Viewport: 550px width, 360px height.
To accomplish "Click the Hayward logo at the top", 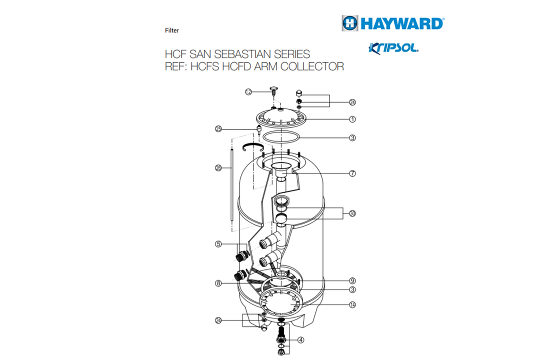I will (392, 23).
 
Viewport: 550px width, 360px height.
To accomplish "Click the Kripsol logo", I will (393, 48).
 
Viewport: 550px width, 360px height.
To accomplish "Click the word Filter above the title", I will (172, 30).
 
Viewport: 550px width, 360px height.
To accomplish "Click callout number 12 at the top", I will (248, 91).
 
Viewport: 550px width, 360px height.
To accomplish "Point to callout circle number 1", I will (352, 119).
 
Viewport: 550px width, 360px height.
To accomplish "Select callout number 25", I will (218, 129).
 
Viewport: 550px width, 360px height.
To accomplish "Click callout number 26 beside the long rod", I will (218, 168).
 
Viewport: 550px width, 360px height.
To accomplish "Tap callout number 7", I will (352, 173).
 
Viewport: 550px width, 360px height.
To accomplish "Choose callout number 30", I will (352, 213).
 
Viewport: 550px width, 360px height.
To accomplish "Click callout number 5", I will (218, 244).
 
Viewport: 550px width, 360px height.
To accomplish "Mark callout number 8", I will (218, 283).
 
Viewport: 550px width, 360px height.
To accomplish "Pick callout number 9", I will (352, 280).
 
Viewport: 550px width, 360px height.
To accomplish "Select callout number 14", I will (352, 304).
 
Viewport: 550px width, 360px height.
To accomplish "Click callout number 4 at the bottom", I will (300, 340).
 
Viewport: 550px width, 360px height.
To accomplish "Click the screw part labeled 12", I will (274, 91).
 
